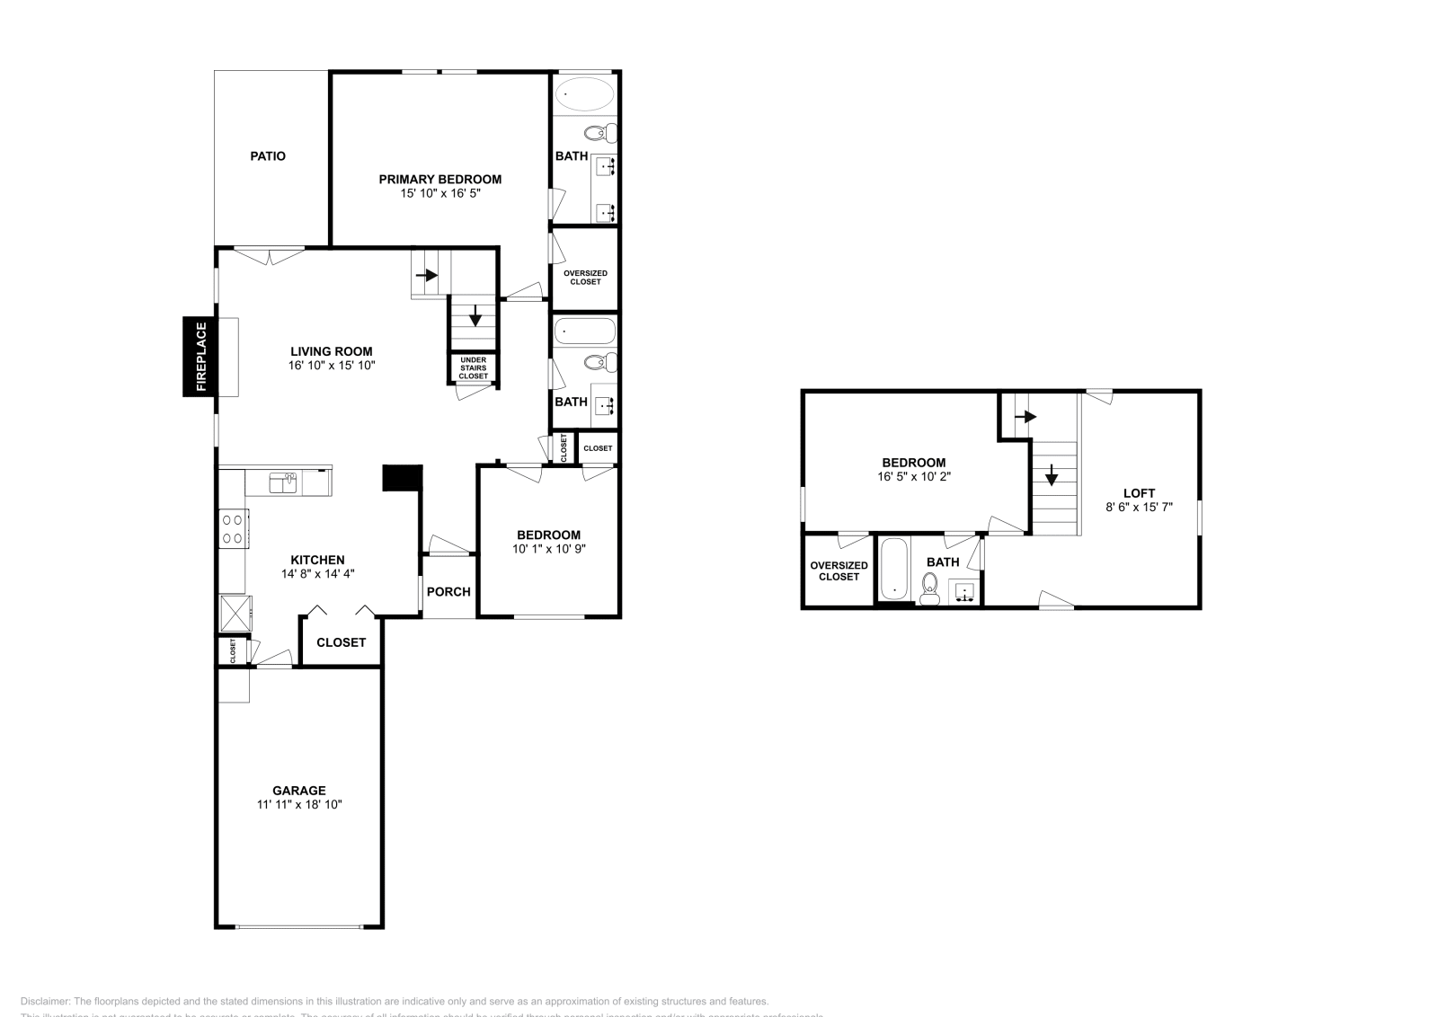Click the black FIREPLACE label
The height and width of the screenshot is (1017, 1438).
pyautogui.click(x=200, y=357)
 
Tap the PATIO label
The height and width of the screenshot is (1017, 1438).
pyautogui.click(x=268, y=156)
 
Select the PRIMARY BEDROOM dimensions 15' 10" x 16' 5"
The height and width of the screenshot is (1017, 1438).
pyautogui.click(x=439, y=193)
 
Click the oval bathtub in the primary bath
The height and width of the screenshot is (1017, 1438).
pyautogui.click(x=585, y=93)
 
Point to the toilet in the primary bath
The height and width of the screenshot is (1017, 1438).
pyautogui.click(x=599, y=134)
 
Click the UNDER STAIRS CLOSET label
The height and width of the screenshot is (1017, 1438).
pyautogui.click(x=473, y=368)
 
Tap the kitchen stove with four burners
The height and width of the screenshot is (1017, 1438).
pyautogui.click(x=233, y=528)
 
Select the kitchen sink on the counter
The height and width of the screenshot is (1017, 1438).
pyautogui.click(x=284, y=483)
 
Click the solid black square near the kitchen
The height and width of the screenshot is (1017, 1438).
pyautogui.click(x=402, y=477)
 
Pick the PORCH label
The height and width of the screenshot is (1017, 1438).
pyautogui.click(x=448, y=592)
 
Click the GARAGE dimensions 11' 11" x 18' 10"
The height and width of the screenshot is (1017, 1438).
pyautogui.click(x=299, y=805)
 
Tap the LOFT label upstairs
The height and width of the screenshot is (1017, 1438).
pyautogui.click(x=1139, y=493)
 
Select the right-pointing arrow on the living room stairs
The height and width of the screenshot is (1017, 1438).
pyautogui.click(x=426, y=275)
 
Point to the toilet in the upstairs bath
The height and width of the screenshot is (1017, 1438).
pyautogui.click(x=930, y=588)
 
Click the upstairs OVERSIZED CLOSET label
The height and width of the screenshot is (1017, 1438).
pyautogui.click(x=839, y=570)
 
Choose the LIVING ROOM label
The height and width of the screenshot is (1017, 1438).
pyautogui.click(x=331, y=351)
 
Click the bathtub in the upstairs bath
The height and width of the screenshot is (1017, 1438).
pyautogui.click(x=894, y=568)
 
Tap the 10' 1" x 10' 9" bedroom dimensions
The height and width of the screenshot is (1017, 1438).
pyautogui.click(x=548, y=549)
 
